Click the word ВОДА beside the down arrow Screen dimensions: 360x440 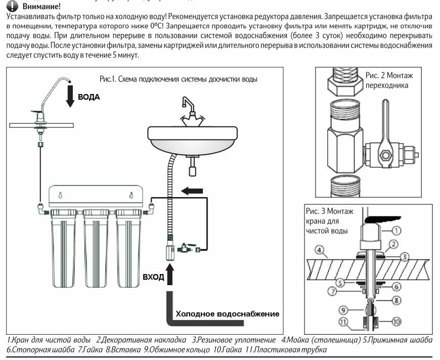click(89, 97)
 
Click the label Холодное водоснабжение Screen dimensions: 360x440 click(227, 313)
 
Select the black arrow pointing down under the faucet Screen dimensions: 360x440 click(70, 95)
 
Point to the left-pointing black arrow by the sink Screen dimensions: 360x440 click(192, 191)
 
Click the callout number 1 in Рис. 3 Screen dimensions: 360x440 click(397, 230)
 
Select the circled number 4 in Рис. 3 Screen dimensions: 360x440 click(319, 249)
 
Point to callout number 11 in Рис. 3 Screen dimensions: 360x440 click(343, 321)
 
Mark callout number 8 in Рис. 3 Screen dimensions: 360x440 click(398, 300)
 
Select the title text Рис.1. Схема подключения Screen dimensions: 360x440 click(178, 79)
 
